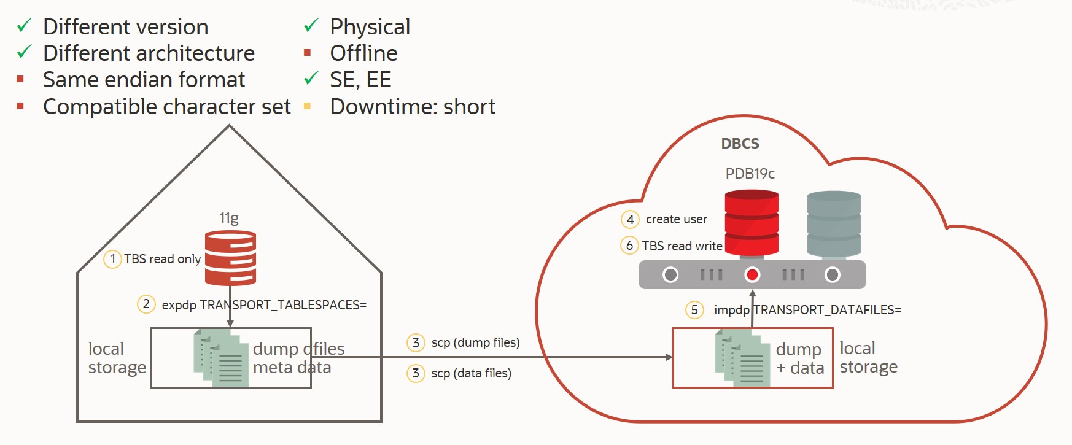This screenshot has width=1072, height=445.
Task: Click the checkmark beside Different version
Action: point(24,26)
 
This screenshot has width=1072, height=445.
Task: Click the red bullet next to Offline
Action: point(308,53)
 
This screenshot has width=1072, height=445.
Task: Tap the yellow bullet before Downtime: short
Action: point(308,107)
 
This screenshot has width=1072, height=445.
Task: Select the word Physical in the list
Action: point(370,27)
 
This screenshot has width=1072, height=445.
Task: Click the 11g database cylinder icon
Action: point(230,258)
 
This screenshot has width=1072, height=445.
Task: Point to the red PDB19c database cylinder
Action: point(752,222)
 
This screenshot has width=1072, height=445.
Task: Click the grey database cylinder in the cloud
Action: point(833,223)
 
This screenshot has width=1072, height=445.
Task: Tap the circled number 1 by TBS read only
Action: point(112,259)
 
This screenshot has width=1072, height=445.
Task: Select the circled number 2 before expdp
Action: point(146,304)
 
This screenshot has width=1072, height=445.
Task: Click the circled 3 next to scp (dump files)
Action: point(416,342)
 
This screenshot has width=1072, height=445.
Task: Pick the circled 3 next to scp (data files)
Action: point(416,373)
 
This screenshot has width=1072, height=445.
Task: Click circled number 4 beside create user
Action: point(630,219)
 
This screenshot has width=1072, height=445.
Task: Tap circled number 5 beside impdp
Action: point(694,310)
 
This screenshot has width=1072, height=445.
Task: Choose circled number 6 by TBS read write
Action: point(629,246)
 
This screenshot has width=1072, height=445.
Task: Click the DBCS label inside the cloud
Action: point(740,144)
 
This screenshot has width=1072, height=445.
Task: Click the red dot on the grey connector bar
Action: point(752,275)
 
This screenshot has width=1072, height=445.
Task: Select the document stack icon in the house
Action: point(221,358)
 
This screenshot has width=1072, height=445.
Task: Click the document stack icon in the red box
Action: point(742,358)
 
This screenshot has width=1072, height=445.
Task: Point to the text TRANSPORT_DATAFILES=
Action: point(828,310)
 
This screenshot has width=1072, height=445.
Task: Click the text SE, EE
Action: point(360,80)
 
